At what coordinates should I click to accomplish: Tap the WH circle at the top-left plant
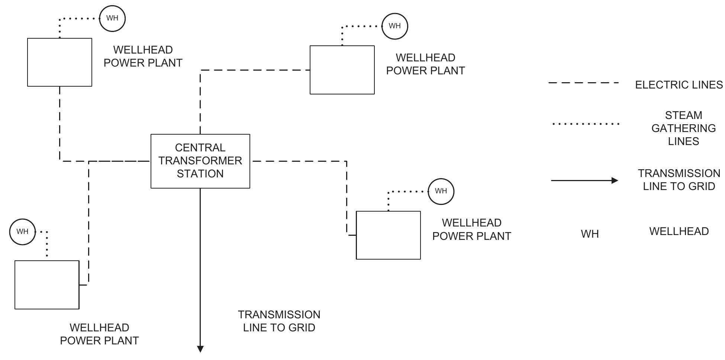tap(112, 18)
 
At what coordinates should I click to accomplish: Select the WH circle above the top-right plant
tap(394, 26)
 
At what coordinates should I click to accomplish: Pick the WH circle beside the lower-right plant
tap(441, 191)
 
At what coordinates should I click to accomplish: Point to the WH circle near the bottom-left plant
tap(22, 232)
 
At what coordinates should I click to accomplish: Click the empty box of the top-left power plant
tap(59, 62)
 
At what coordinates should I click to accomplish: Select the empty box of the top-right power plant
tap(342, 70)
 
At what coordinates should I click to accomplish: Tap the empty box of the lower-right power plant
tap(388, 235)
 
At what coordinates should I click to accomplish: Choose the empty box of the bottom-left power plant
tap(47, 285)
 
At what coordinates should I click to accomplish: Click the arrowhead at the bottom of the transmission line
tap(200, 349)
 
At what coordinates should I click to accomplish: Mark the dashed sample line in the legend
tap(583, 83)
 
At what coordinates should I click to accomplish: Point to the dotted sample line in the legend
tap(586, 124)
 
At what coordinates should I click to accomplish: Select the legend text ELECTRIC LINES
tap(679, 85)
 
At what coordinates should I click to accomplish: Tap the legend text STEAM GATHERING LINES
tap(683, 128)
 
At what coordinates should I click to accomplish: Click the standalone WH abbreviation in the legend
tap(590, 234)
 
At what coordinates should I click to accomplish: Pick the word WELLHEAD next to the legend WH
tap(679, 231)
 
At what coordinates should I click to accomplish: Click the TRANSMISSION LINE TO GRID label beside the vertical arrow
tap(279, 321)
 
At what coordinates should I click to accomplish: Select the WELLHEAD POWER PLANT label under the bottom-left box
tap(99, 334)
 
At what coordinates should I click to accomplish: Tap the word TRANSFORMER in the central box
tap(200, 161)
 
